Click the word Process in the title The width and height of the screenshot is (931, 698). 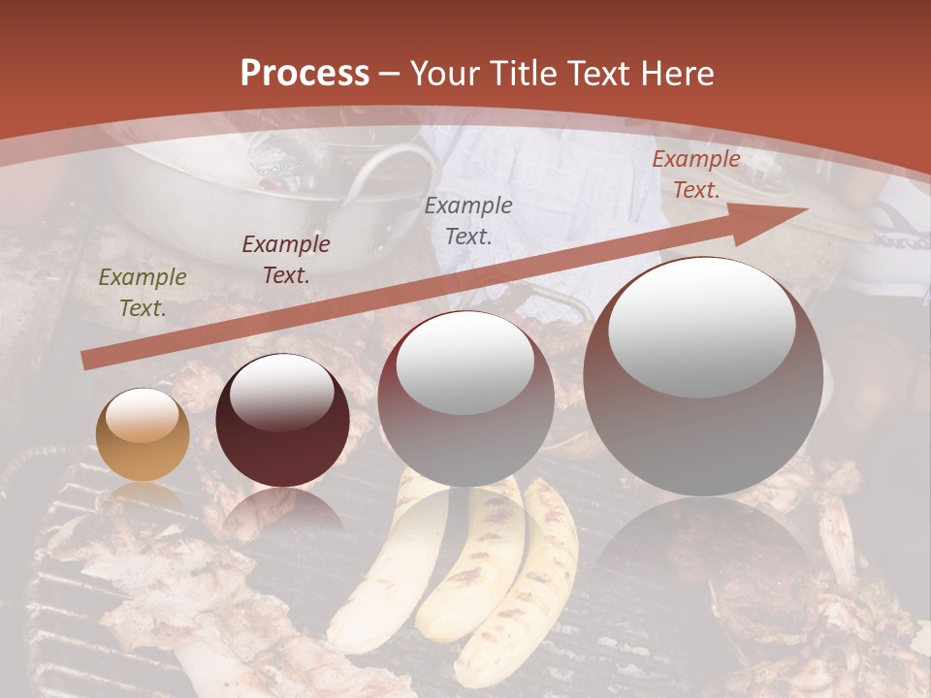click(x=305, y=74)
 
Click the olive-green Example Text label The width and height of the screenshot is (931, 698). click(x=143, y=293)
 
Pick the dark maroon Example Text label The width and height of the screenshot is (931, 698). click(x=286, y=259)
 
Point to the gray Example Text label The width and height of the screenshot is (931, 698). click(x=468, y=220)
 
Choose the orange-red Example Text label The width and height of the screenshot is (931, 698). click(x=695, y=174)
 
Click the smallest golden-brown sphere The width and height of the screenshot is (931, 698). click(x=143, y=435)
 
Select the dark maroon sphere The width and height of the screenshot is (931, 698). click(x=282, y=421)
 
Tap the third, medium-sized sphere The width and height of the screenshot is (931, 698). click(x=466, y=399)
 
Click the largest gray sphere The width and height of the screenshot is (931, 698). click(x=703, y=376)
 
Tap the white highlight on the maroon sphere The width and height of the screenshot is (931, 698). click(x=282, y=391)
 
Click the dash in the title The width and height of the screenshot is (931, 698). click(x=390, y=75)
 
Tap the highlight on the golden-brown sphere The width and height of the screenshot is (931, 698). click(x=142, y=418)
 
